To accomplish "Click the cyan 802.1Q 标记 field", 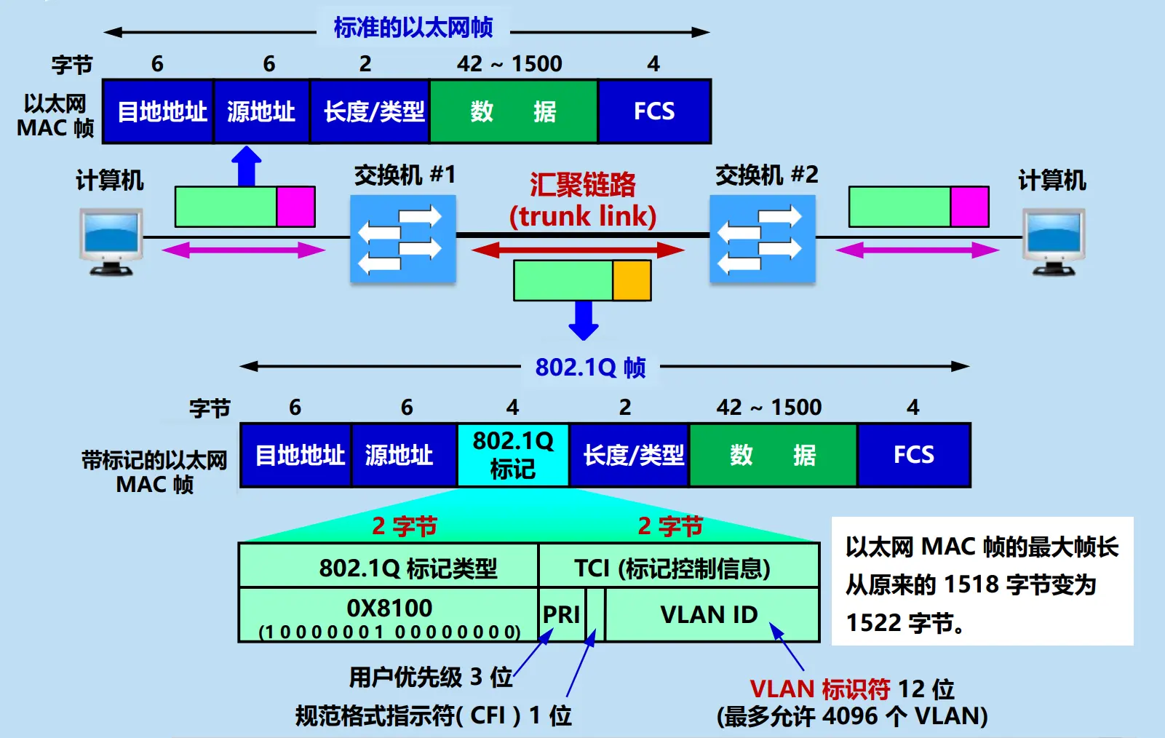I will (x=512, y=455).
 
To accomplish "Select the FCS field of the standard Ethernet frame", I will (x=653, y=111).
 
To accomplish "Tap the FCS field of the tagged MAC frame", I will (x=913, y=455).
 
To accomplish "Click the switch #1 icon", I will (x=402, y=239).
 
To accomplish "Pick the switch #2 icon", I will (x=762, y=239).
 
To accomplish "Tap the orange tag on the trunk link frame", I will (x=632, y=281).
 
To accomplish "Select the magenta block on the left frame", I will (x=295, y=207).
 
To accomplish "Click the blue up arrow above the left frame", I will (x=247, y=167).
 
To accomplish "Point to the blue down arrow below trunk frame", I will (x=583, y=320).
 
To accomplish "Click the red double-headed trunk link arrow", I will (x=578, y=250).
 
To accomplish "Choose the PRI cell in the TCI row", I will (x=561, y=615).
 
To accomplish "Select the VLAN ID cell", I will (x=709, y=615).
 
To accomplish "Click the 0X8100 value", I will (x=389, y=608).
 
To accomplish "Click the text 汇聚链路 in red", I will (x=582, y=184).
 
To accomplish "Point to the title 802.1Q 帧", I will (x=590, y=368).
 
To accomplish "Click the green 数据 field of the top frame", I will (x=513, y=111).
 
